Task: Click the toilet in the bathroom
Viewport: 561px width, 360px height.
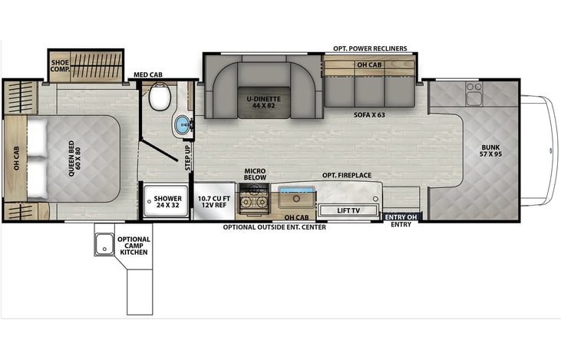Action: [x=159, y=96]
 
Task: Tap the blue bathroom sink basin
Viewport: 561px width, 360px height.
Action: [x=184, y=124]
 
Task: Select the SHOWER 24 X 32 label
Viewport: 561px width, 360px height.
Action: [x=168, y=201]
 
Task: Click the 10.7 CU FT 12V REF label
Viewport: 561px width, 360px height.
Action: [x=214, y=201]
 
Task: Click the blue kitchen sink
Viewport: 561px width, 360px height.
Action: [x=296, y=197]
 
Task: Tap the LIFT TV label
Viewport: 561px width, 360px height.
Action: [x=348, y=210]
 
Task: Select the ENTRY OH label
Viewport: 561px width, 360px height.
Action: [x=401, y=217]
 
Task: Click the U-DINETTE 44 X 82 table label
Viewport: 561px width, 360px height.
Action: [x=264, y=102]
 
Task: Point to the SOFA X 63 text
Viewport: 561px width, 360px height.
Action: [x=369, y=115]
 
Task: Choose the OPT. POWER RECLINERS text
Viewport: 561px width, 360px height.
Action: [x=370, y=48]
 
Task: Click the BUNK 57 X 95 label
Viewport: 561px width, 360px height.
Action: [x=490, y=150]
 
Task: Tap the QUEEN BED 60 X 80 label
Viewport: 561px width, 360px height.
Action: [x=74, y=159]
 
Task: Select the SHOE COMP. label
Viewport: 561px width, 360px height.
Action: [x=60, y=65]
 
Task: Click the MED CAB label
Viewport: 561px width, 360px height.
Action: [x=148, y=74]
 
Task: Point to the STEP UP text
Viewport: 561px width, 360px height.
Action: [x=188, y=157]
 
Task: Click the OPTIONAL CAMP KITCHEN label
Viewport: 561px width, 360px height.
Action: [x=134, y=246]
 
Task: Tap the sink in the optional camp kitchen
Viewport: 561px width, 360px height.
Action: [x=104, y=243]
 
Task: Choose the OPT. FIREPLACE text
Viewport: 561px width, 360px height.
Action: [x=347, y=175]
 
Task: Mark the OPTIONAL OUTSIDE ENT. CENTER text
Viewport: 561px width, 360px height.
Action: [x=275, y=227]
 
